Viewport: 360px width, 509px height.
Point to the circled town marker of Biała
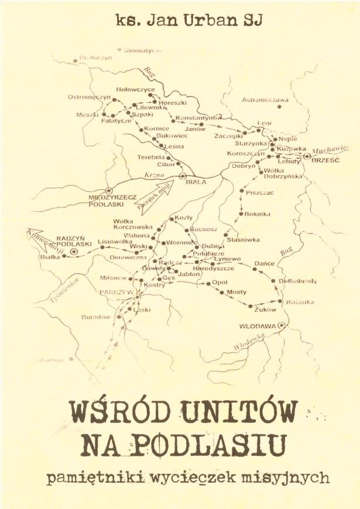183,175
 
